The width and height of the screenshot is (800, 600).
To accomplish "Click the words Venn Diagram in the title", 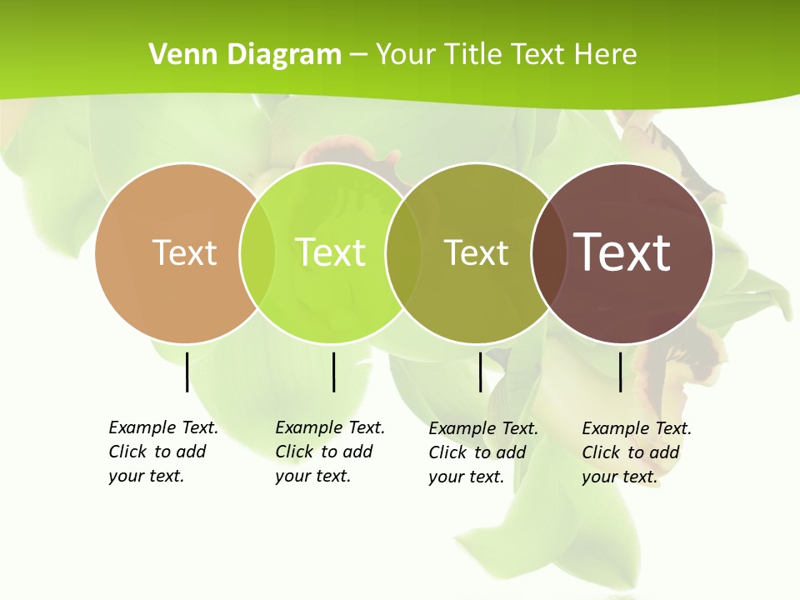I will (x=245, y=55).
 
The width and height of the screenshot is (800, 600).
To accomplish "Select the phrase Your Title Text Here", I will (x=506, y=55).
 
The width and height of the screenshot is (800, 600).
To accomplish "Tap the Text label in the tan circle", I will (x=184, y=252).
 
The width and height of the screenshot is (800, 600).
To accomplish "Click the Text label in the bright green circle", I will (x=330, y=252).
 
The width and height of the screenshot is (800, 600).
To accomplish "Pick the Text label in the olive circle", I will (x=476, y=252).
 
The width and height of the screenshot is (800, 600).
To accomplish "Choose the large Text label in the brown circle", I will (x=622, y=252).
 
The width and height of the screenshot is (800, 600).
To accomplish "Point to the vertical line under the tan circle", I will (x=187, y=372).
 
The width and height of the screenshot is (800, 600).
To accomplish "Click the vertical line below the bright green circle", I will (x=333, y=372).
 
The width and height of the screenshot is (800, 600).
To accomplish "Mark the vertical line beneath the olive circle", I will (x=480, y=372).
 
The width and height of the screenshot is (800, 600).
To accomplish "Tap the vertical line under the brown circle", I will (x=620, y=372).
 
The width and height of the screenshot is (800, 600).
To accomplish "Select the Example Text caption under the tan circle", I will (x=163, y=452).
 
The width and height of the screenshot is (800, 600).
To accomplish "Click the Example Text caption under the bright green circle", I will (x=330, y=452).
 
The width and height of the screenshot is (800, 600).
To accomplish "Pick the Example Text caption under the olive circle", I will (x=483, y=452).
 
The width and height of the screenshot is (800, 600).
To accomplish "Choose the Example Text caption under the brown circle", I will (x=637, y=452).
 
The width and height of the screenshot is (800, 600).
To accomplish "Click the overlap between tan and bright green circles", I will (x=257, y=252).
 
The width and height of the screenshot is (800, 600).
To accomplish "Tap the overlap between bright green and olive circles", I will (x=403, y=252).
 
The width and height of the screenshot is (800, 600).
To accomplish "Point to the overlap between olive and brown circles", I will (x=547, y=252).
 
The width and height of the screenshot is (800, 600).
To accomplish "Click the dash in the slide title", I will (x=358, y=55).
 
